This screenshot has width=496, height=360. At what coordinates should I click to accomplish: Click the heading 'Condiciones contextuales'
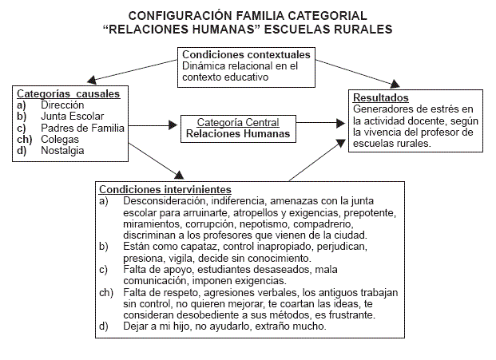click(x=247, y=54)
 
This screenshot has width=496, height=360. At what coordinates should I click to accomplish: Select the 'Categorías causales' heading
click(x=69, y=93)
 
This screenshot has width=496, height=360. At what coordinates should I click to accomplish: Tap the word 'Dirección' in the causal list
click(x=62, y=105)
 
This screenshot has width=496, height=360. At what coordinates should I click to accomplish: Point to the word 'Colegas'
click(x=59, y=138)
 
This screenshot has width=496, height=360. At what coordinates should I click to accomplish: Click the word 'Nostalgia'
click(x=64, y=149)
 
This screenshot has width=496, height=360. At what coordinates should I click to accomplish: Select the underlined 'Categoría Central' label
click(x=239, y=123)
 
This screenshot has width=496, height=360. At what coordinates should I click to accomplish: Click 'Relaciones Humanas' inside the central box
click(x=239, y=134)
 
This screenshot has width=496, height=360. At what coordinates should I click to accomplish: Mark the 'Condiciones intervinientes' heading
click(x=165, y=189)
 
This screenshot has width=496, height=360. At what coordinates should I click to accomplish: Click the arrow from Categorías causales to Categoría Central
click(x=152, y=125)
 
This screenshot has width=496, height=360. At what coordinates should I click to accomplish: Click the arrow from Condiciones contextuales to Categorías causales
click(x=128, y=72)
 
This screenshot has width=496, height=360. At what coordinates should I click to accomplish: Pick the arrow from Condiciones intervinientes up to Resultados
click(x=315, y=160)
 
